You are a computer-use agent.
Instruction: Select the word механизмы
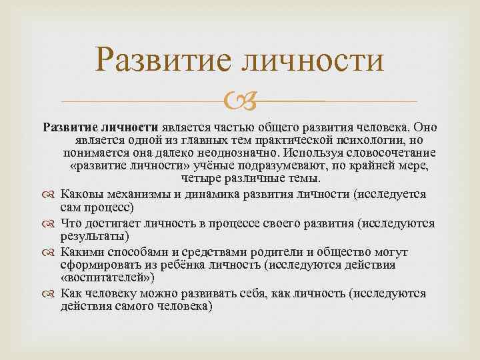[x=136, y=194]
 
